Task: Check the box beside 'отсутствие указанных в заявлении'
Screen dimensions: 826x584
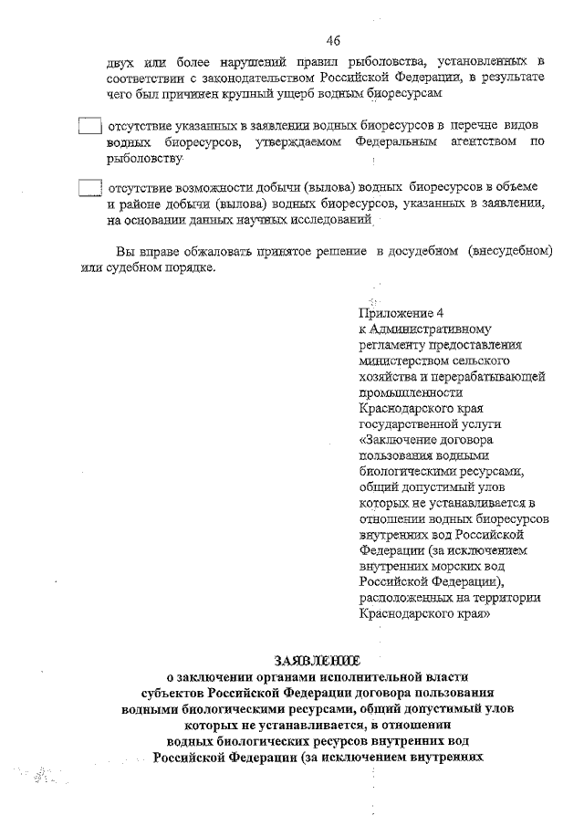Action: click(89, 127)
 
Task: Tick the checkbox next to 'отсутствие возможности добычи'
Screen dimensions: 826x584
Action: click(89, 189)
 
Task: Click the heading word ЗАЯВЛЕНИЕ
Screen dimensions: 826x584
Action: click(317, 659)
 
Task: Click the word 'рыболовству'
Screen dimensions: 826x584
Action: click(143, 159)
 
